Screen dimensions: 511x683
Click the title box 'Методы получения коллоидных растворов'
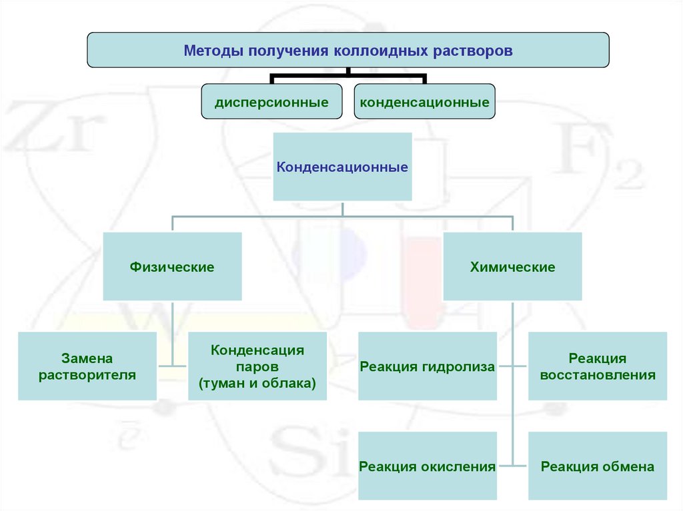coord(348,50)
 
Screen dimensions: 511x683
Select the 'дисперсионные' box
coord(271,102)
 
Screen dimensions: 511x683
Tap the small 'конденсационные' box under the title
coord(424,102)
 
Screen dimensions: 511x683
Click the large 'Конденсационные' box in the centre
coord(342,167)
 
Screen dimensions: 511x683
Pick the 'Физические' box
coord(172,266)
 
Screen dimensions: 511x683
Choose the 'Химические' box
coord(512,266)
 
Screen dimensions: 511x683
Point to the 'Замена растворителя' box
coord(87,366)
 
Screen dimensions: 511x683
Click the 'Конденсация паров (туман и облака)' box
coord(257,366)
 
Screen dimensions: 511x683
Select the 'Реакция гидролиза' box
coord(428,366)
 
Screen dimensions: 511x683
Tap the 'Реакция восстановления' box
coord(598,366)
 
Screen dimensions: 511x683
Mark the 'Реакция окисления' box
coord(428,466)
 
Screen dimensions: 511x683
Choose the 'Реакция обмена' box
coord(598,466)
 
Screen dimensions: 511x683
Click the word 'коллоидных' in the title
coord(380,51)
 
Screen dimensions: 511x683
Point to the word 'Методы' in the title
coord(212,51)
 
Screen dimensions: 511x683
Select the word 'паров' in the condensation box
coord(257,367)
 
